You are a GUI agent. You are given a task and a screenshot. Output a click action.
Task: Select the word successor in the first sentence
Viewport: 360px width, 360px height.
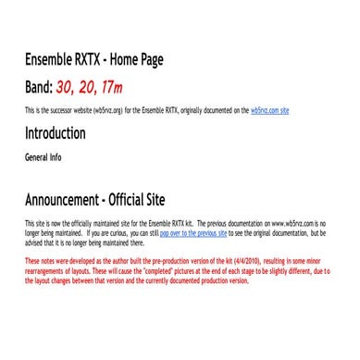pyautogui.click(x=56, y=110)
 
